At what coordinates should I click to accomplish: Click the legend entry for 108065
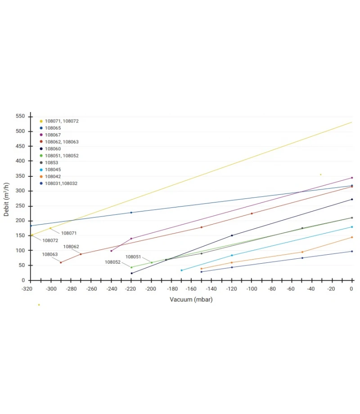(53, 128)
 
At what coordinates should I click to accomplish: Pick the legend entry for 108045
(53, 170)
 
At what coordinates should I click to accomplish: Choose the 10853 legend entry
(51, 162)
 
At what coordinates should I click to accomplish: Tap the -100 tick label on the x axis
(251, 289)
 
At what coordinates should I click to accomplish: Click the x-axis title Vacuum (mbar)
(191, 300)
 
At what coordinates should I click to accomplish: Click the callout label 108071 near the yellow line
(69, 233)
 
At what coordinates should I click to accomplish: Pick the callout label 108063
(50, 254)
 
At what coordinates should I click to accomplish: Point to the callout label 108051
(133, 256)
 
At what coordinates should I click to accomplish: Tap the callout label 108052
(113, 262)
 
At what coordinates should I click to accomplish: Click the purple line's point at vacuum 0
(352, 178)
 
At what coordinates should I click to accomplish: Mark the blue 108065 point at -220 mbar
(131, 212)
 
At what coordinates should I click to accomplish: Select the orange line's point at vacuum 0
(352, 237)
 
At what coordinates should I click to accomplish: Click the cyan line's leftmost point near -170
(181, 270)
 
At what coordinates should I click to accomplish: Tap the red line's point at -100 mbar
(252, 213)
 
